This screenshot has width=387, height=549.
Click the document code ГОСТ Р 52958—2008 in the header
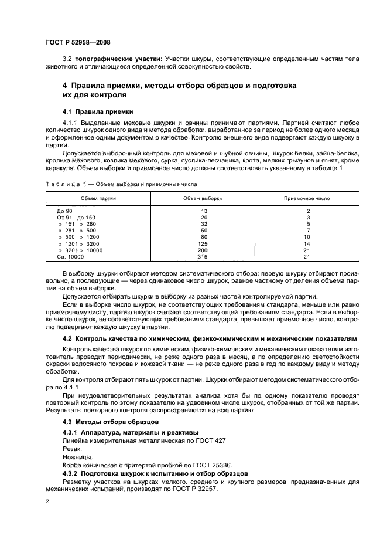77,43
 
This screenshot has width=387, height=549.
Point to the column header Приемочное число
307,198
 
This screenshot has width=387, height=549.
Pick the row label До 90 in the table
64,210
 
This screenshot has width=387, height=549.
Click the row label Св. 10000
70,256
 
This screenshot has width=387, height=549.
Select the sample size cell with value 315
204,256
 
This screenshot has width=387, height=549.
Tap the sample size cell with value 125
204,243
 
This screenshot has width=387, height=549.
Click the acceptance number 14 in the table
307,243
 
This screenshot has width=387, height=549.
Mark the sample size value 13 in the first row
204,210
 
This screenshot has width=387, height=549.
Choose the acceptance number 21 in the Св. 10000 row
307,256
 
